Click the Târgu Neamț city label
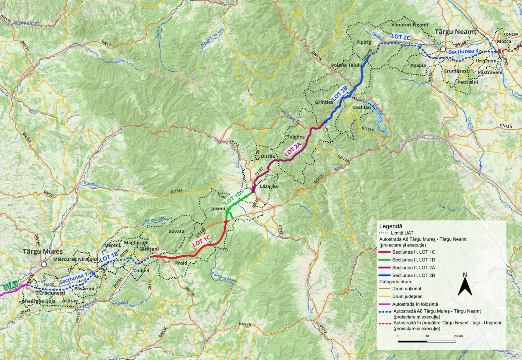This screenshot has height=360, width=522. coord(456,32)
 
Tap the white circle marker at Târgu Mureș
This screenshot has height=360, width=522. coord(44,264)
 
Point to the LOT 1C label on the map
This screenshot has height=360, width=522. coord(201,241)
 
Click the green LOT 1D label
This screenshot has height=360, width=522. coord(233,197)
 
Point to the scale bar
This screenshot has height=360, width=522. coord(427,341)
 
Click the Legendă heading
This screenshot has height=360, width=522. coord(391,227)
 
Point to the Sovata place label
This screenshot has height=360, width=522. coord(176,231)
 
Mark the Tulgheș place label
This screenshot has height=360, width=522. coord(295,137)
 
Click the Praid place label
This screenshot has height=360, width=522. coord(181,263)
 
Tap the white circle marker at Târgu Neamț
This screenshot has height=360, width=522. coord(443,49)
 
